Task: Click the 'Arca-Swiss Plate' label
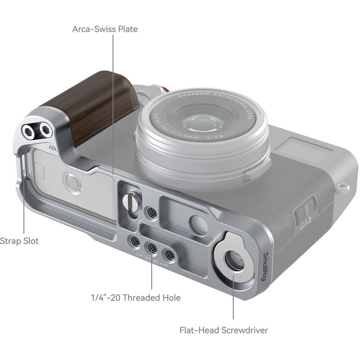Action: (105, 30)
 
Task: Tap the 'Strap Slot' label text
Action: (19, 241)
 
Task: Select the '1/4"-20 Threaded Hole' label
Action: (135, 297)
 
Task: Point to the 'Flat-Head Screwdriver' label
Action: (223, 331)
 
